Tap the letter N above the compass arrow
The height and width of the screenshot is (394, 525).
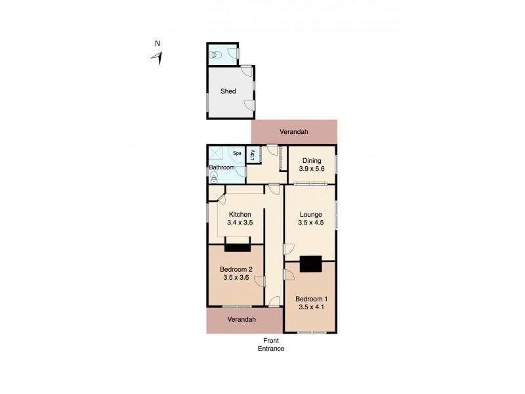[x=157, y=44]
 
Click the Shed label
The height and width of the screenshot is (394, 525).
[x=228, y=91]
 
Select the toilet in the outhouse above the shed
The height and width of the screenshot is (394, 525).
[x=214, y=56]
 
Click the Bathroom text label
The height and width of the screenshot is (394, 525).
[x=222, y=167]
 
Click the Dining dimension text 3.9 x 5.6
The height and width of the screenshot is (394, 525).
[x=312, y=168]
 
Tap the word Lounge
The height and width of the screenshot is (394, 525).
[x=310, y=214]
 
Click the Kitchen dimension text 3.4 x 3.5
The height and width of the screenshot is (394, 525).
[x=240, y=223]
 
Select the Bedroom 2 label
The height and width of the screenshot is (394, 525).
[x=236, y=269]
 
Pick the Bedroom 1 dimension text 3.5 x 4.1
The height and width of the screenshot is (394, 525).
[x=311, y=307]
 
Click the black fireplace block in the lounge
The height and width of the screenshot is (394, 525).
[x=310, y=263]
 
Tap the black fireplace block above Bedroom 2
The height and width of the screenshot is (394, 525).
[x=237, y=248]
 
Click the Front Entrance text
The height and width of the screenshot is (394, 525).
[x=270, y=344]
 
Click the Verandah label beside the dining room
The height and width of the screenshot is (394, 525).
[x=293, y=132]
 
